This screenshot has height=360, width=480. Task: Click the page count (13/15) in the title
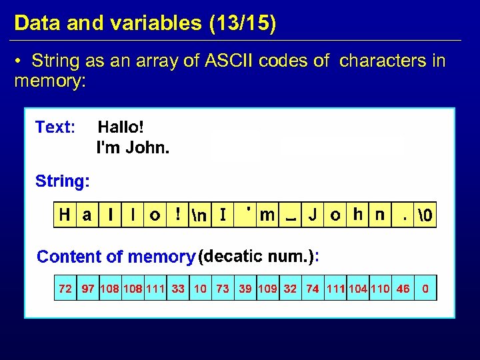[x=242, y=23]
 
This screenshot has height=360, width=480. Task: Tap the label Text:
[x=55, y=127]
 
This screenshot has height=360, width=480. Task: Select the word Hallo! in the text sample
[x=121, y=127]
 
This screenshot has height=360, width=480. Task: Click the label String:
[x=63, y=181]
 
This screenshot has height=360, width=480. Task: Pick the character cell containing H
[x=65, y=215]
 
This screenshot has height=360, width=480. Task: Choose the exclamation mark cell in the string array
[x=178, y=215]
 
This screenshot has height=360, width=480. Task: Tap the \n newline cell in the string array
[x=199, y=215]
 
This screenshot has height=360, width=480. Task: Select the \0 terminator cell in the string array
[x=425, y=215]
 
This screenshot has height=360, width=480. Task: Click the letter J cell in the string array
[x=312, y=215]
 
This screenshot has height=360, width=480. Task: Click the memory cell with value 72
[x=65, y=289]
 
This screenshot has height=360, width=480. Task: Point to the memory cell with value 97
[x=88, y=289]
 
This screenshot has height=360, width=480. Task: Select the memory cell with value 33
[x=178, y=289]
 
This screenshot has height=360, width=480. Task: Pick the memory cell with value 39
[x=245, y=289]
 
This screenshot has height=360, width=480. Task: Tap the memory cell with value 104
[x=357, y=289]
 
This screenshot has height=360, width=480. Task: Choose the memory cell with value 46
[x=403, y=289]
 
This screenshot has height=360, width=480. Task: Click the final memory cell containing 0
[x=425, y=289]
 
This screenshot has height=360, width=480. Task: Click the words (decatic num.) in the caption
[x=257, y=256]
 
